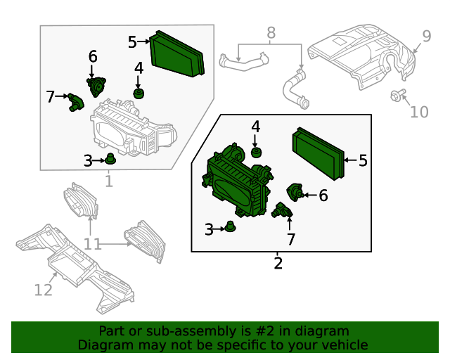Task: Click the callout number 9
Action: [x=427, y=36]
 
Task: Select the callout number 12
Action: [x=44, y=290]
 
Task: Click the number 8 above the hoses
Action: [x=271, y=33]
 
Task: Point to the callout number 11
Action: [x=92, y=244]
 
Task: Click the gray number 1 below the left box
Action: [x=109, y=181]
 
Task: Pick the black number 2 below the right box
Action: [x=278, y=263]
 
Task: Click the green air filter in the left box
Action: [x=176, y=53]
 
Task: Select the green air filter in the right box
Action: [x=319, y=153]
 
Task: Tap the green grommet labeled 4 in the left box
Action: [x=139, y=94]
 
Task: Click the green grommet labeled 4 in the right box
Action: [x=256, y=152]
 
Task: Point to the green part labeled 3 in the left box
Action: [x=110, y=159]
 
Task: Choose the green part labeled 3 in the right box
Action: [x=230, y=226]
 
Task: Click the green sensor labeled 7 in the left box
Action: [x=75, y=102]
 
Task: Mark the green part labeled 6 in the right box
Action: [x=295, y=192]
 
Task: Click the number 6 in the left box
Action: [x=93, y=56]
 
